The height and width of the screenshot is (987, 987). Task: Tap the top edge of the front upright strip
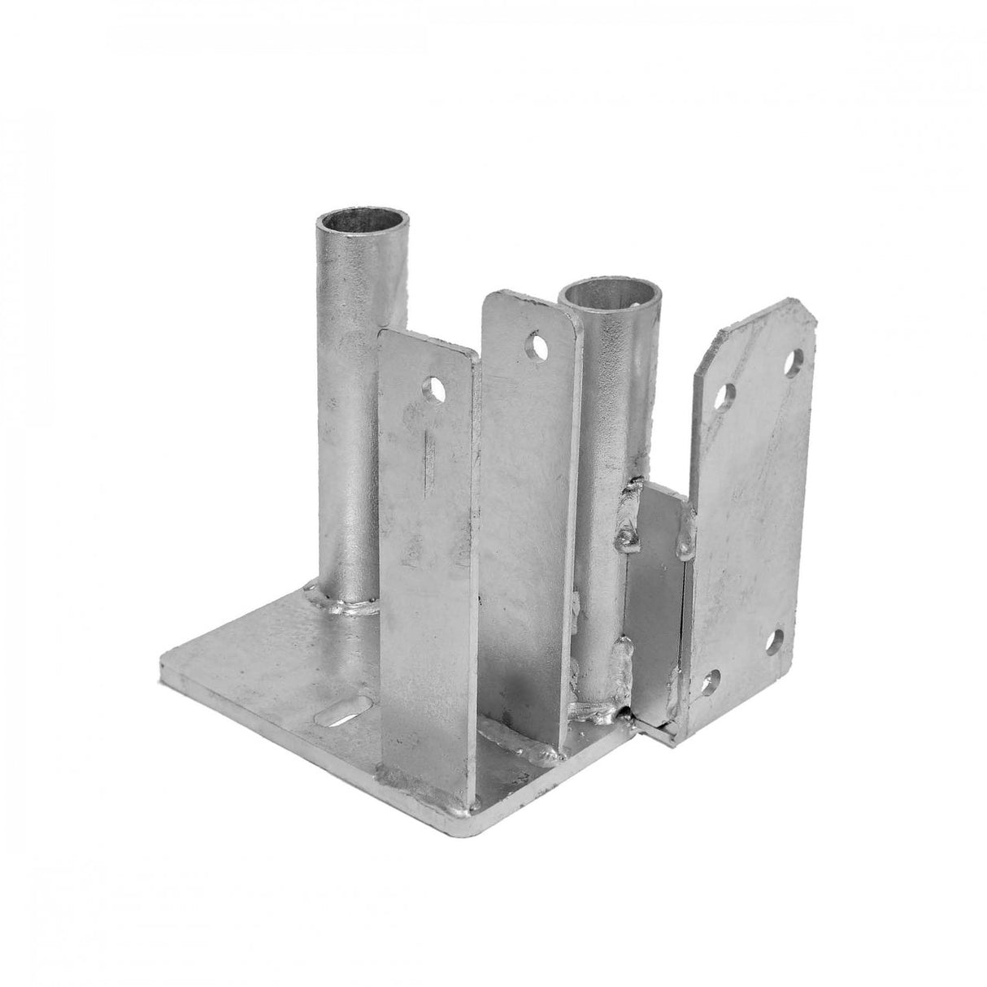[x=427, y=339]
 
